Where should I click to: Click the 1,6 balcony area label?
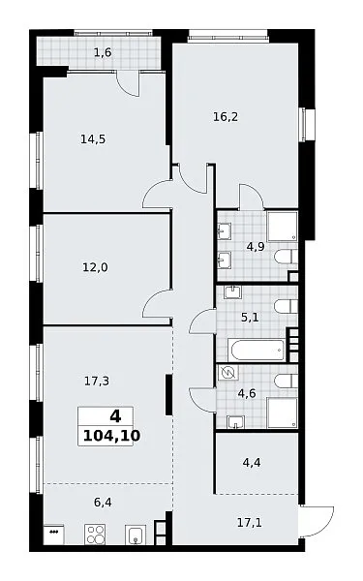coord(103,52)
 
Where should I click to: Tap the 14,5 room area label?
coord(93,139)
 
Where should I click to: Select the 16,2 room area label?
coord(226,117)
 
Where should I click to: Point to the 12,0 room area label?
coord(95,267)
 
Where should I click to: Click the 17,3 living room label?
coord(97,381)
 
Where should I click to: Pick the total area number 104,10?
coord(111,436)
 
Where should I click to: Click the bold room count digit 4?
coord(115,416)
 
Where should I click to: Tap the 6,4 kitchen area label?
coord(103,503)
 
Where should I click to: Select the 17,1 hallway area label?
coord(250,523)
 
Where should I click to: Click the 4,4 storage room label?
coord(252,463)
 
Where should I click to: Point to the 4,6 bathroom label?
coord(247,393)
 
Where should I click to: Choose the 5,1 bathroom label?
coord(250,318)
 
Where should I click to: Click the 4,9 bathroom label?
coord(256,246)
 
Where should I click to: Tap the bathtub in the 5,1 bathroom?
coord(256,350)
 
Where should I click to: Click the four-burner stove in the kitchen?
coord(95,534)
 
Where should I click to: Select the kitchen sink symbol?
coord(136,535)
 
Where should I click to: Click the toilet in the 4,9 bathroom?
coord(287,257)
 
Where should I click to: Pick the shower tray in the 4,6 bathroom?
coord(283,413)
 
